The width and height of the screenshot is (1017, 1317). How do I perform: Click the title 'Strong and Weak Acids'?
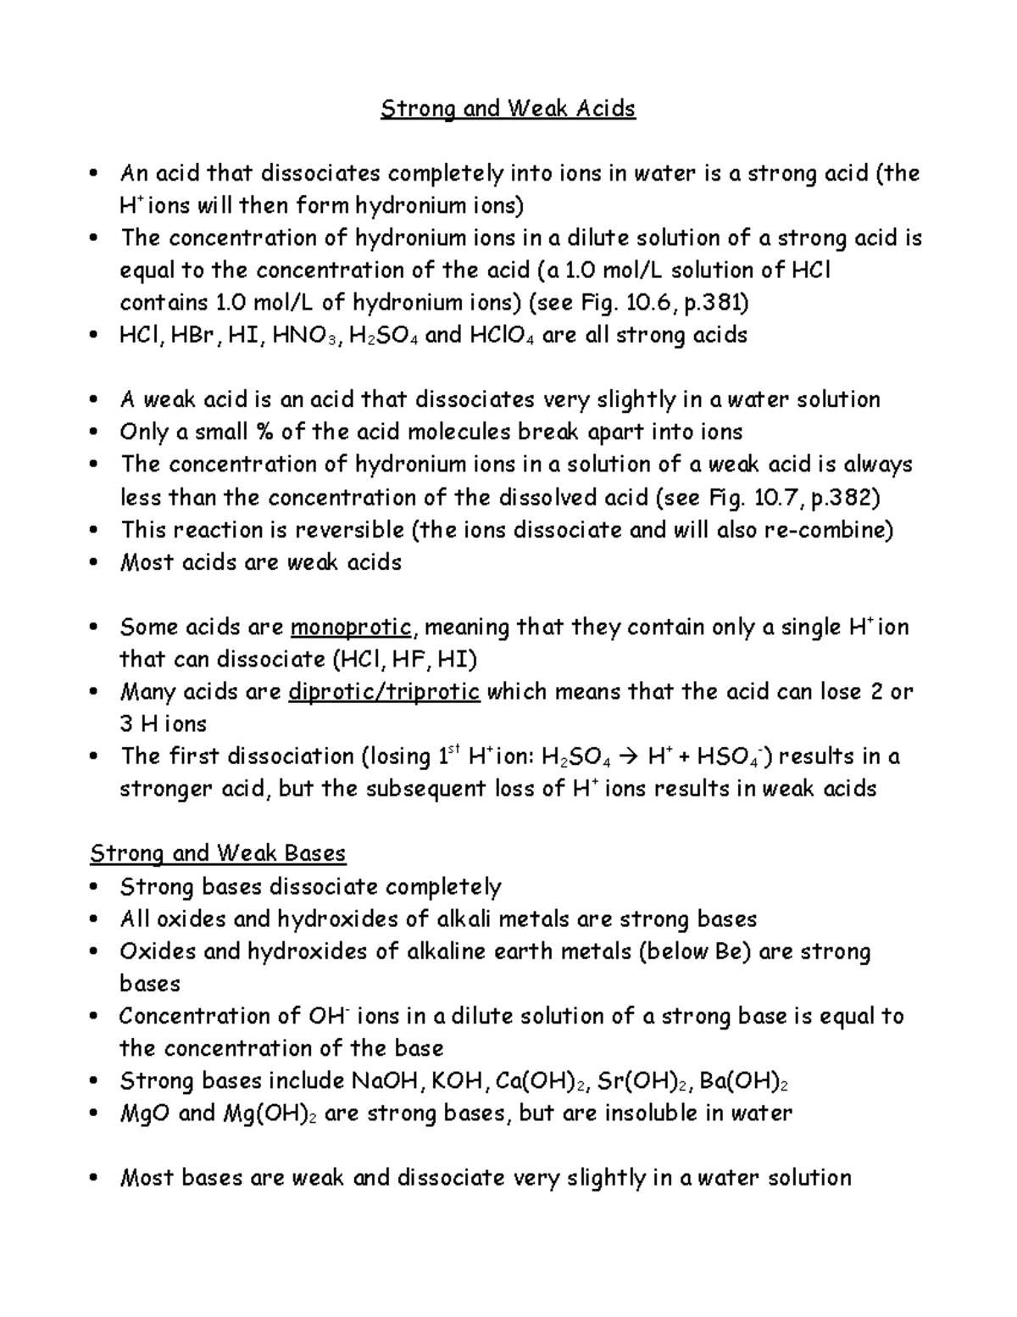coord(508,109)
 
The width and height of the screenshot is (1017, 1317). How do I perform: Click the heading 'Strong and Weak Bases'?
coord(218,853)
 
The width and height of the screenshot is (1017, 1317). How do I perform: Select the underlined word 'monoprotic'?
coord(351,628)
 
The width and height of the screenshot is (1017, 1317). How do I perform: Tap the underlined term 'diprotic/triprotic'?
coord(385,693)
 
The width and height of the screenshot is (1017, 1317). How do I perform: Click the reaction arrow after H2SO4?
coord(626,757)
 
